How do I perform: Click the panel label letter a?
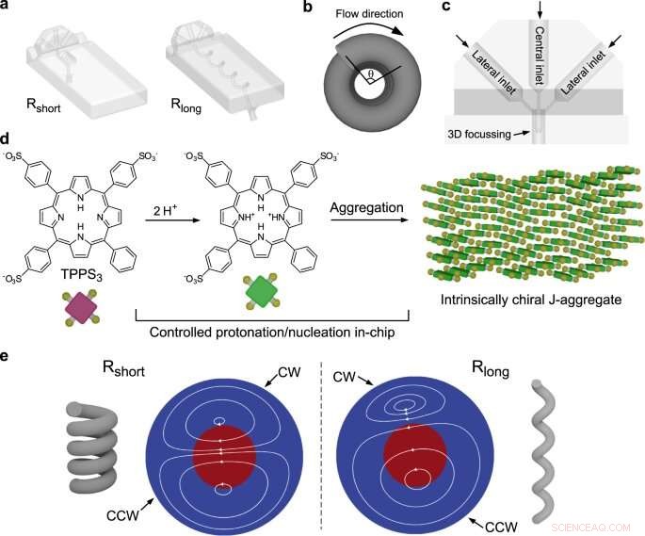click(9, 9)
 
